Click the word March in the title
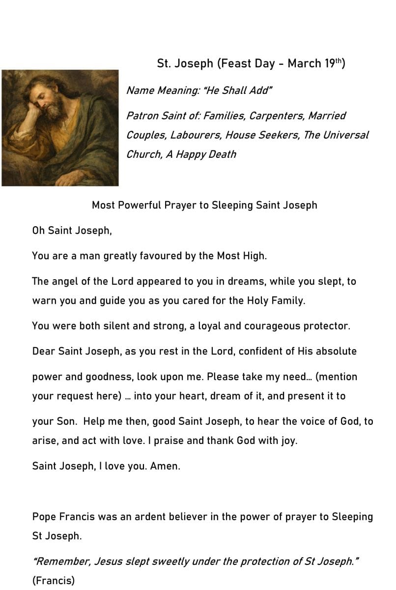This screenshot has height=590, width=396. [304, 64]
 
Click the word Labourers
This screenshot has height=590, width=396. [195, 135]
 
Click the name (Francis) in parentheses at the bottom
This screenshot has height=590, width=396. [54, 581]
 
